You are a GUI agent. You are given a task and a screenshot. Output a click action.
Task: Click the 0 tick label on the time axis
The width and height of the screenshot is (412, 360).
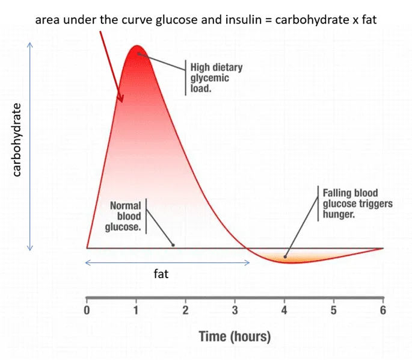coord(87,311)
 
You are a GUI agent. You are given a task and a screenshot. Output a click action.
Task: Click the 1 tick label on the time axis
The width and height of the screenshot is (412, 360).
coord(136,311)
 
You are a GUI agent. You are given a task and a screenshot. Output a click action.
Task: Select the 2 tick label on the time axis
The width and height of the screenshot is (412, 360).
coord(185,311)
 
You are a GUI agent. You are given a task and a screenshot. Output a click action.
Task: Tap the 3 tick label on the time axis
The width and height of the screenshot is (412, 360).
coord(235,311)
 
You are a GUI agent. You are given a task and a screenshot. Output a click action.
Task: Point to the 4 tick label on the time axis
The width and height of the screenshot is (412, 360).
coord(284,311)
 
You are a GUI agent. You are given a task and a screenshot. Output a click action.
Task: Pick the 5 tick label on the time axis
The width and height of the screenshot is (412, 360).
coord(334,311)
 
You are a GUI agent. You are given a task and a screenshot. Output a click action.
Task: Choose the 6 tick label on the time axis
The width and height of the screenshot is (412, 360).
coord(383,311)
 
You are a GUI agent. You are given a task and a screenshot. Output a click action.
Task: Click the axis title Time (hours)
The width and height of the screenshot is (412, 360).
coord(235,336)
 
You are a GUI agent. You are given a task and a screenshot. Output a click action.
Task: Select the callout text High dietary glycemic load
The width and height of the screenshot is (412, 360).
coord(216,78)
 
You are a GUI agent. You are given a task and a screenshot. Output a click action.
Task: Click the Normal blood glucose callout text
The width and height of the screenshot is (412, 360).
coord(126,216)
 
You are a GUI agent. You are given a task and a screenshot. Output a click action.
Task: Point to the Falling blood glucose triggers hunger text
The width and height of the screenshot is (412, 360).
coord(357,203)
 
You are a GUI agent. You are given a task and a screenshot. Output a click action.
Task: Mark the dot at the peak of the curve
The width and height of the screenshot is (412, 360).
coord(138,54)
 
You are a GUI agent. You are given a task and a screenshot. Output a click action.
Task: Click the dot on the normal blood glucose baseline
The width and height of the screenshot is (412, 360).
coord(173,244)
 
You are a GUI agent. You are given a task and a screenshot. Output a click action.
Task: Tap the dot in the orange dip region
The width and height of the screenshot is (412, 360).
coord(285,257)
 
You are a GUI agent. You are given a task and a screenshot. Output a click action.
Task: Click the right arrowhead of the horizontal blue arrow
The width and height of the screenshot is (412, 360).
coord(248,262)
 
